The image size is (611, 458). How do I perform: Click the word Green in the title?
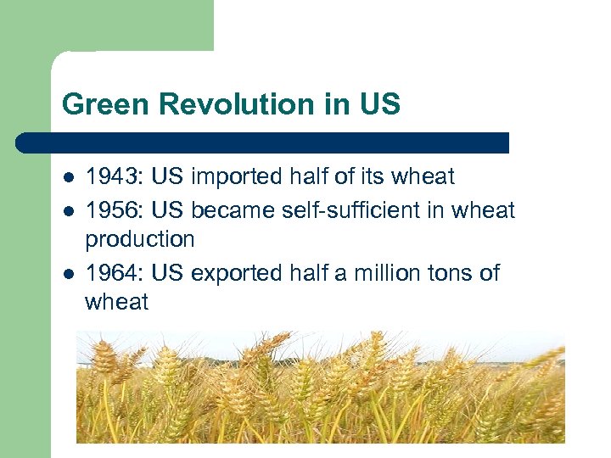93,105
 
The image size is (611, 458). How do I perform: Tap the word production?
140,240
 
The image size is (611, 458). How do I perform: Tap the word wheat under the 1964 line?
117,303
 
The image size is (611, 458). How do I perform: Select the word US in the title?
381,105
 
